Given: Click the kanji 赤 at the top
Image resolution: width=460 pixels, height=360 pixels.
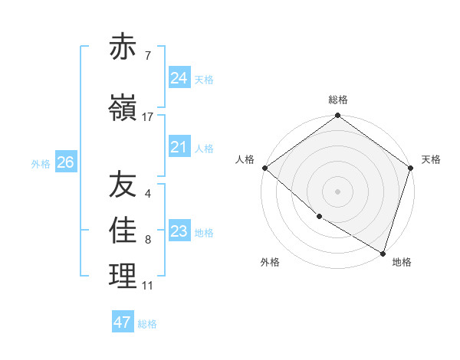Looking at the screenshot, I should [x=123, y=47].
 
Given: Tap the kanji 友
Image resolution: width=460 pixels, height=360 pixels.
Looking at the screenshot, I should [x=123, y=185].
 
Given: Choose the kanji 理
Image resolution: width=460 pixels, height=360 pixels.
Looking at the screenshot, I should [x=123, y=277].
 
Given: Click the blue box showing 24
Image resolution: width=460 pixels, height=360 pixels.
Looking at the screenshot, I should [x=179, y=77].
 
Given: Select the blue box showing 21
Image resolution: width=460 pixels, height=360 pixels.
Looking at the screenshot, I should [x=179, y=147].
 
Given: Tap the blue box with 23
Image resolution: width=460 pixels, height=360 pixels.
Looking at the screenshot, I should [x=179, y=231].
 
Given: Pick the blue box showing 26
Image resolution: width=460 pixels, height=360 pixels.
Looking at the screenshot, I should [x=66, y=162].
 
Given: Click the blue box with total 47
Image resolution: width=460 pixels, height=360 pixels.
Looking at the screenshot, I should [x=123, y=322].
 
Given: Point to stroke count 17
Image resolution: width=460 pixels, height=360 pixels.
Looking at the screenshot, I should [x=148, y=117].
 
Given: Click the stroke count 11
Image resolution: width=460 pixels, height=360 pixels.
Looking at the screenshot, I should [x=147, y=286].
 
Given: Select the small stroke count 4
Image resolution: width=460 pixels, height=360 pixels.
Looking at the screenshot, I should [x=147, y=193].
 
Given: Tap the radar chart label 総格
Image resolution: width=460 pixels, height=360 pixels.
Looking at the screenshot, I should [x=338, y=100].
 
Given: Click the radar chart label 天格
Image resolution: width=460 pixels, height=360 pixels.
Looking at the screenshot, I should [x=431, y=159].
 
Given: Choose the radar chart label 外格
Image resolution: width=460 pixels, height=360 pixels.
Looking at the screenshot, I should [x=270, y=262].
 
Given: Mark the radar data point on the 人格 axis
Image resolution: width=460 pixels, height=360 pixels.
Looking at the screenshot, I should [x=264, y=168].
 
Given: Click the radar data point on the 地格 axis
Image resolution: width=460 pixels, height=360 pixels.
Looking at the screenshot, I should [x=383, y=253].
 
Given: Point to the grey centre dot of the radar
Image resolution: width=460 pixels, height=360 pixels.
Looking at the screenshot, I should [x=337, y=191].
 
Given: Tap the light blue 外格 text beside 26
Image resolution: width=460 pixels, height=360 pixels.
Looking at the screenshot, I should [x=41, y=163].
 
